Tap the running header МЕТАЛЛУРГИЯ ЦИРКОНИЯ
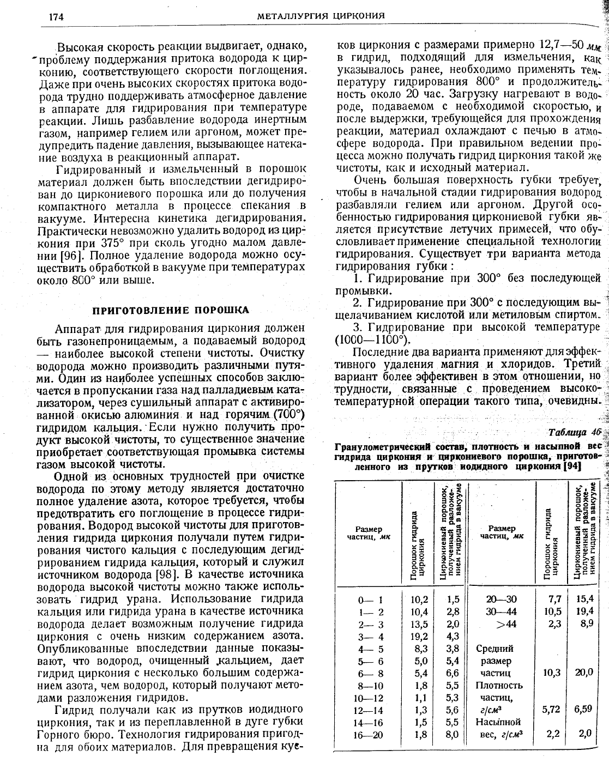point(322,16)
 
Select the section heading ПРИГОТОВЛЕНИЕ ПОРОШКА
point(171,310)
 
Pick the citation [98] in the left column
point(165,574)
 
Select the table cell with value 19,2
point(419,636)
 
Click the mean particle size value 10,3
point(552,673)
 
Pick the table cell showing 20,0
point(583,673)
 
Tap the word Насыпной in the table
point(498,722)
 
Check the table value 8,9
point(586,623)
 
